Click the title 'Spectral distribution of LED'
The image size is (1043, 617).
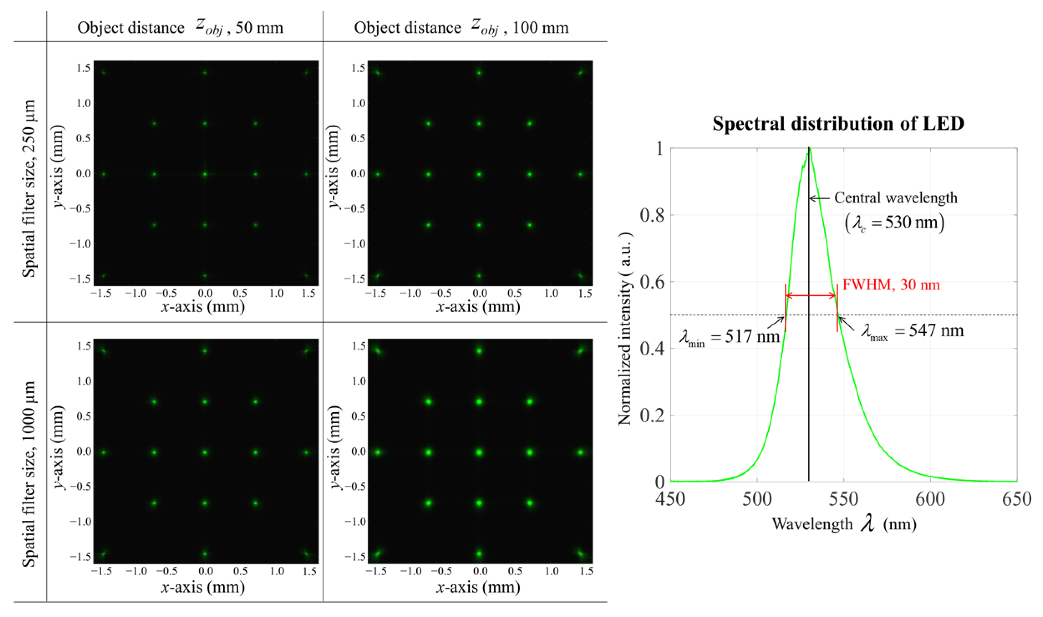click(x=838, y=124)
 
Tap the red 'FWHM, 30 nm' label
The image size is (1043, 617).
click(x=891, y=285)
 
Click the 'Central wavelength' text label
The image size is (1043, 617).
click(x=896, y=198)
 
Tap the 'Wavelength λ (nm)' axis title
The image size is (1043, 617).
click(x=844, y=524)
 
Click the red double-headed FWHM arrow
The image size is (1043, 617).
click(x=811, y=295)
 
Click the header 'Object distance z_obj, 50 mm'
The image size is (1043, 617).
click(x=180, y=28)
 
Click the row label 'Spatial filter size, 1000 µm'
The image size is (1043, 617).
click(x=29, y=474)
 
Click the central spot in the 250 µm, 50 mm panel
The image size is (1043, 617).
click(x=205, y=174)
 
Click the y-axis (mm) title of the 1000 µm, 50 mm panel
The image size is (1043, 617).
click(x=59, y=447)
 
